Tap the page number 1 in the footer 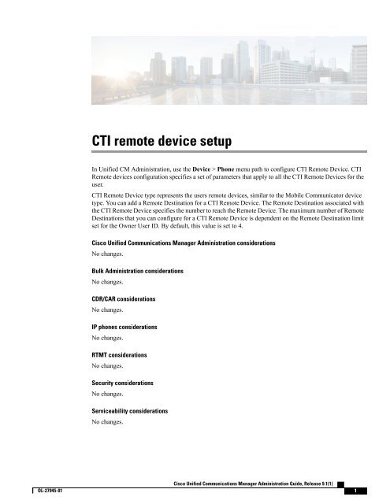pyautogui.click(x=356, y=491)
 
